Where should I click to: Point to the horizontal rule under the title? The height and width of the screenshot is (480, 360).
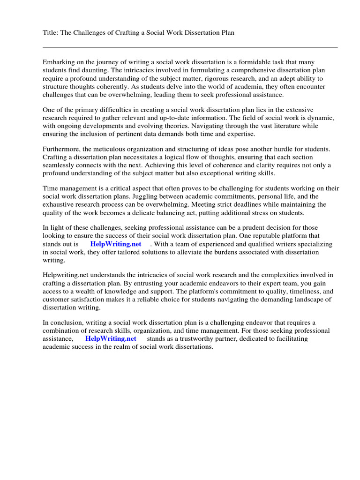pyautogui.click(x=190, y=47)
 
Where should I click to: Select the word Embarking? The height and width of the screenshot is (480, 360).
pyautogui.click(x=58, y=62)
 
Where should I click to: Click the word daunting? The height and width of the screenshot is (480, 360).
pyautogui.click(x=100, y=70)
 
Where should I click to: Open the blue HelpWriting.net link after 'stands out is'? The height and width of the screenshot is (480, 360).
pyautogui.click(x=115, y=244)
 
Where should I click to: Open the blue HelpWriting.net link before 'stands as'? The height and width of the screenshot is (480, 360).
pyautogui.click(x=111, y=338)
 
